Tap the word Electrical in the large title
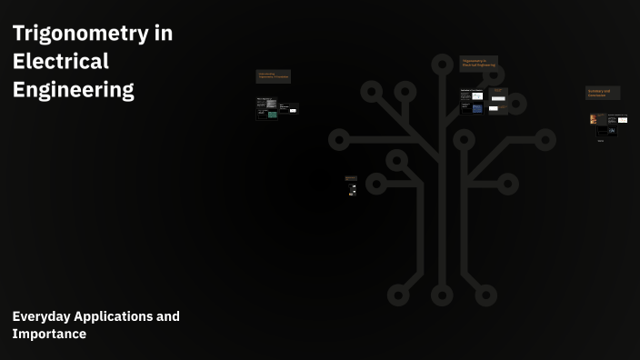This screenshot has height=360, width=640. click(60, 62)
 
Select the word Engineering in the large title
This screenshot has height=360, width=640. click(73, 90)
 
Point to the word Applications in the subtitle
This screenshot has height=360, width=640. click(114, 316)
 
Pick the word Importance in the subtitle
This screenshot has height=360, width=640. click(49, 334)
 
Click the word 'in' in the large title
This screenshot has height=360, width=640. click(163, 34)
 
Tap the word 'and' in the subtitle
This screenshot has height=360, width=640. click(168, 316)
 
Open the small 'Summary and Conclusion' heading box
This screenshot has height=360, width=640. click(603, 93)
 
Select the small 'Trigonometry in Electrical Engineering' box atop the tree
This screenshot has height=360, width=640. click(479, 63)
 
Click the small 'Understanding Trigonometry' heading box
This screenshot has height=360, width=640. click(273, 76)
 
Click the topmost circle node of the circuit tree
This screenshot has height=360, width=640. click(442, 65)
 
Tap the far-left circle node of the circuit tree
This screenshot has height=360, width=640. click(339, 140)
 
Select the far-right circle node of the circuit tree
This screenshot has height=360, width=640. click(545, 140)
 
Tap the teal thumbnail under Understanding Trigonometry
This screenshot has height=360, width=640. click(272, 115)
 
